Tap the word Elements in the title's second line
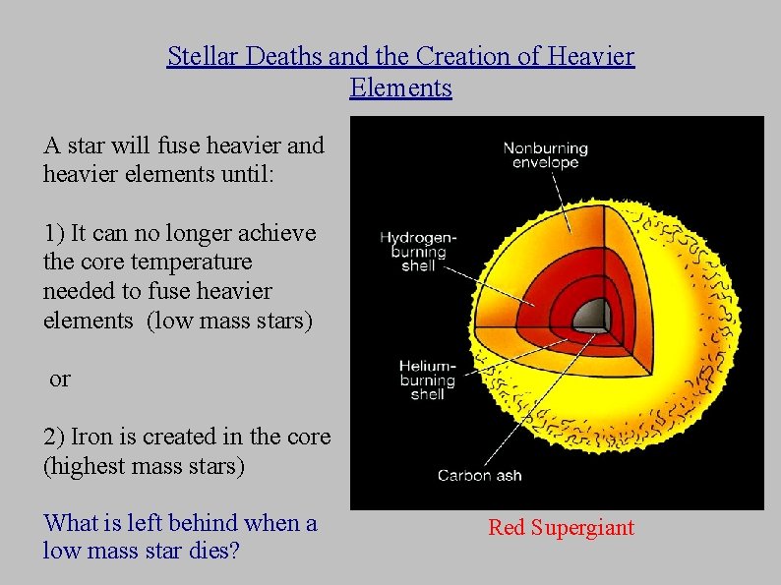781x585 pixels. (400, 88)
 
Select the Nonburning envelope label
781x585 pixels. (545, 155)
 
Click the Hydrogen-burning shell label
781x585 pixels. (418, 252)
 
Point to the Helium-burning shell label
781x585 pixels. (427, 380)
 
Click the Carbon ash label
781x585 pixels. (480, 476)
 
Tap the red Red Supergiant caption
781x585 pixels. (561, 528)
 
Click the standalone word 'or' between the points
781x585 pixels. (60, 379)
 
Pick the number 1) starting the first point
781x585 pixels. (54, 233)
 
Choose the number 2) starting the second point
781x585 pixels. (54, 437)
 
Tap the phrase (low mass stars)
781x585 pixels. (229, 321)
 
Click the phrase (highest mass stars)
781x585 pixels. (144, 465)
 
